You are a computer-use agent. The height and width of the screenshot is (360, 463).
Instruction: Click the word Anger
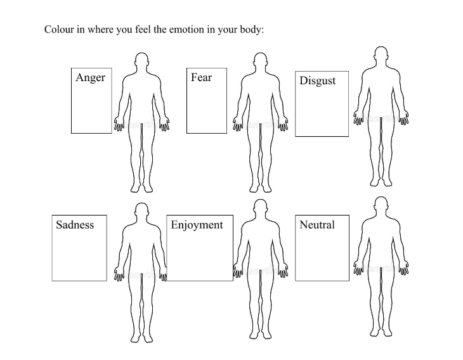tap(90, 78)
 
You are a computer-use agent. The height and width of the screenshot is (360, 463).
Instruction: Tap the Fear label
tap(201, 78)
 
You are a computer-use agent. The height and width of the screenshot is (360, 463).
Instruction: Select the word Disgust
tap(317, 81)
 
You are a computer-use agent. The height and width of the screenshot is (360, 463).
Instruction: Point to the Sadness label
tap(75, 225)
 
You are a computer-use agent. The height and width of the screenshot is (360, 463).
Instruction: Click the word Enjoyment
tap(197, 225)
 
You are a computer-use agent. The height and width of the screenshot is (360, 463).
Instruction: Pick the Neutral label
tap(316, 225)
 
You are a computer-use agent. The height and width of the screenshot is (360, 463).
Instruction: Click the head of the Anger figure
tap(142, 61)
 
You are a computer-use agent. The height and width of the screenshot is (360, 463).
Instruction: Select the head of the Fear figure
tap(260, 61)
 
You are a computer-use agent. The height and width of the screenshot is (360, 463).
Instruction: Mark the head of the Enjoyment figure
tap(260, 209)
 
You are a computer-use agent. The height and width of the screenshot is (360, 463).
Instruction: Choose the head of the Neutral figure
tap(381, 207)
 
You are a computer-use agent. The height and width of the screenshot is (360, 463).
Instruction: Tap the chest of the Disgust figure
tap(381, 80)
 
